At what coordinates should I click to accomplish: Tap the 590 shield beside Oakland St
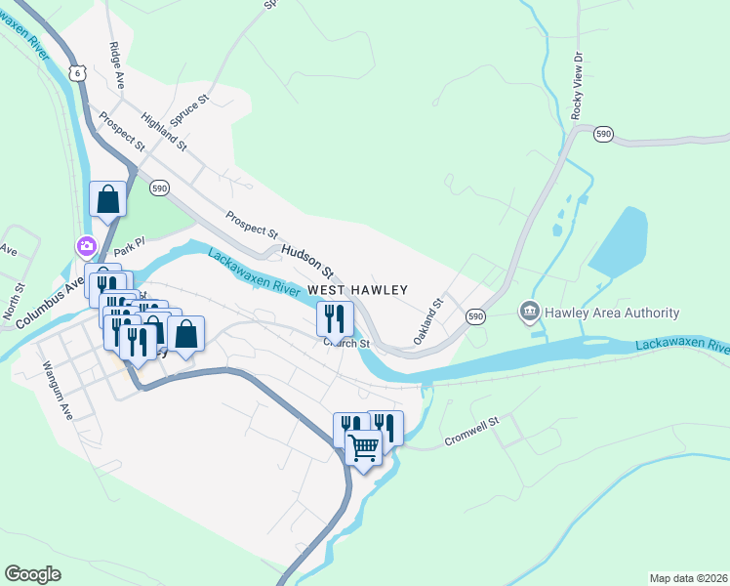pyautogui.click(x=475, y=316)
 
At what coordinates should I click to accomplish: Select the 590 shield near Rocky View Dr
pyautogui.click(x=604, y=134)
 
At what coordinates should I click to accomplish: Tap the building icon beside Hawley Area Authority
pyautogui.click(x=530, y=312)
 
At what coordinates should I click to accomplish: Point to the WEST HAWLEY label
pyautogui.click(x=357, y=290)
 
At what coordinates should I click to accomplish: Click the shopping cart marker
pyautogui.click(x=363, y=448)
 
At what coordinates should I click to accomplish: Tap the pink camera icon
pyautogui.click(x=87, y=245)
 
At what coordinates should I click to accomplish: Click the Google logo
pyautogui.click(x=32, y=574)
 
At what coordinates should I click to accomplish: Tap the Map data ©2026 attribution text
pyautogui.click(x=687, y=578)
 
